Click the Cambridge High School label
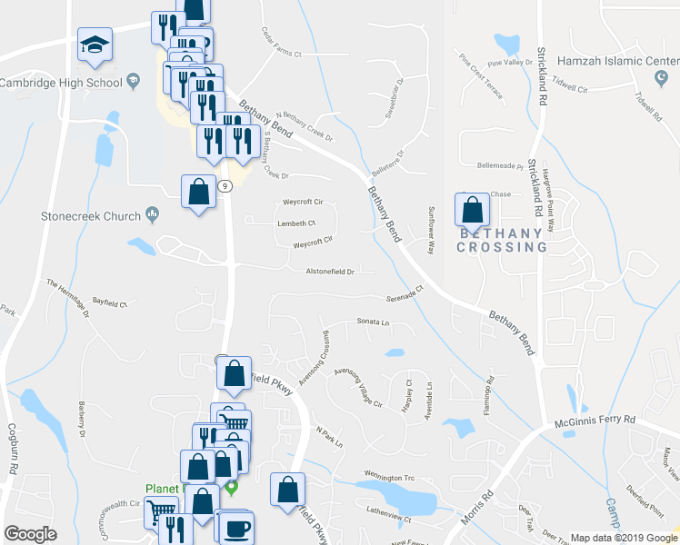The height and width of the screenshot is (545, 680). pyautogui.click(x=61, y=83)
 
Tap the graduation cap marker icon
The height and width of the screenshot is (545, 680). pyautogui.click(x=94, y=45)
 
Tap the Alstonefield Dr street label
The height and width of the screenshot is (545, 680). pyautogui.click(x=329, y=271)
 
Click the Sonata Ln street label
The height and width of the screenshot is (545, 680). pyautogui.click(x=373, y=322)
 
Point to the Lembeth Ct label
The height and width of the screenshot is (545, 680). pyautogui.click(x=297, y=223)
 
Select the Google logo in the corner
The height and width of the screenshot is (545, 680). pyautogui.click(x=30, y=534)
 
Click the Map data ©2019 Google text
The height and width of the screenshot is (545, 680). pyautogui.click(x=624, y=538)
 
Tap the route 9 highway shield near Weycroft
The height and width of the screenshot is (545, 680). pyautogui.click(x=226, y=185)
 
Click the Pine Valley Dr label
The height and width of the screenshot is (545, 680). pyautogui.click(x=509, y=63)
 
